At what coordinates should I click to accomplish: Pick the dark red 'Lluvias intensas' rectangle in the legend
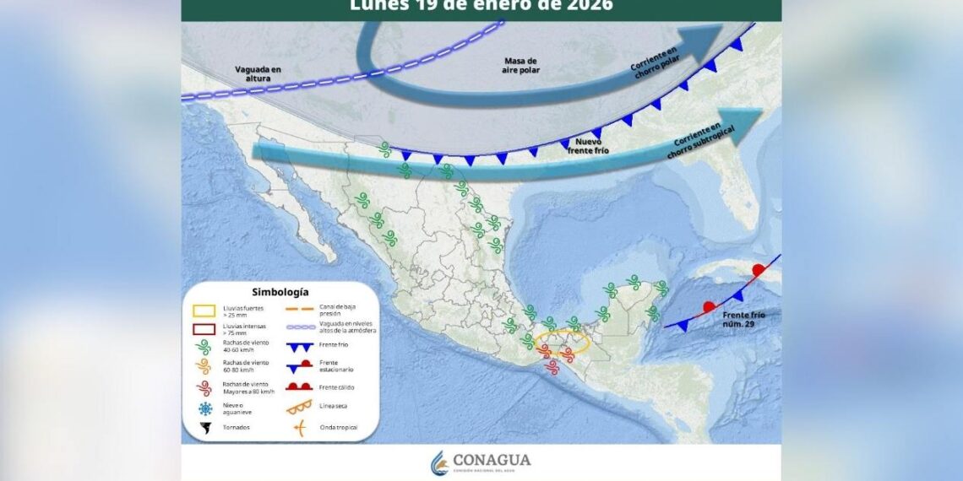coord(204,329)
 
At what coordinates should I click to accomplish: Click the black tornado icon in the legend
coord(204,428)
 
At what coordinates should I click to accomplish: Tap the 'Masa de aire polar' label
coord(521,65)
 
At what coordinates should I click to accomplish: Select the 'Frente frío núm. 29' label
coord(743,318)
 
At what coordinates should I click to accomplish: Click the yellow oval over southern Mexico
coord(562,343)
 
